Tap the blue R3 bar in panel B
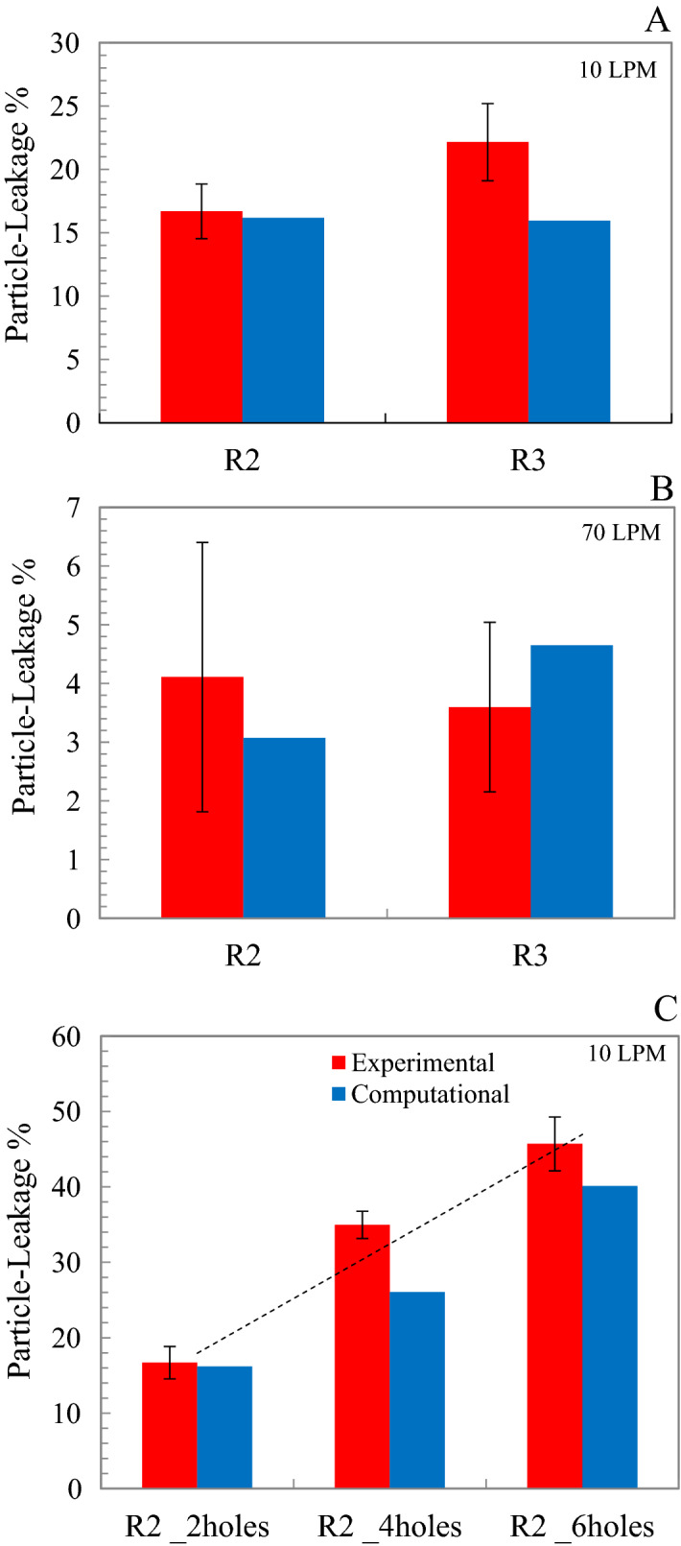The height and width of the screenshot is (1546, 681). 571,781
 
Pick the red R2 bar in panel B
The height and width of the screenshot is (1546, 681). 201,797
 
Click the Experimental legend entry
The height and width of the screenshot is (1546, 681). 412,1062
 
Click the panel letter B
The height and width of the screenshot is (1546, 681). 661,489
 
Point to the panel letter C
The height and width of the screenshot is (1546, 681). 665,1009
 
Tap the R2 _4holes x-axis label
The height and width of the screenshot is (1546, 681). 389,1526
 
